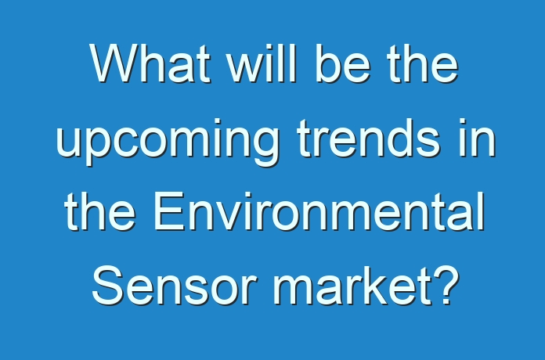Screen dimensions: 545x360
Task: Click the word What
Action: (150, 63)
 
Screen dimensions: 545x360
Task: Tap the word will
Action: (262, 63)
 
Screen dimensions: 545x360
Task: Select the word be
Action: (343, 63)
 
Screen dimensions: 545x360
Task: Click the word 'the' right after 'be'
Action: (423, 63)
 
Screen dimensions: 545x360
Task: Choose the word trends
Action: (369, 138)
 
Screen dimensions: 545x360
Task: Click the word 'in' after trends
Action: (477, 138)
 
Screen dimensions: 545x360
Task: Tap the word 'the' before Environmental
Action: (99, 211)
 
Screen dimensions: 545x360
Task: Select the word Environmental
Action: (319, 211)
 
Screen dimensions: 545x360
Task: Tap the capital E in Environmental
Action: (169, 211)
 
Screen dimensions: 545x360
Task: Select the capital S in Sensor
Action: (108, 285)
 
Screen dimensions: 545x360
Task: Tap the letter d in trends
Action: (397, 138)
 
